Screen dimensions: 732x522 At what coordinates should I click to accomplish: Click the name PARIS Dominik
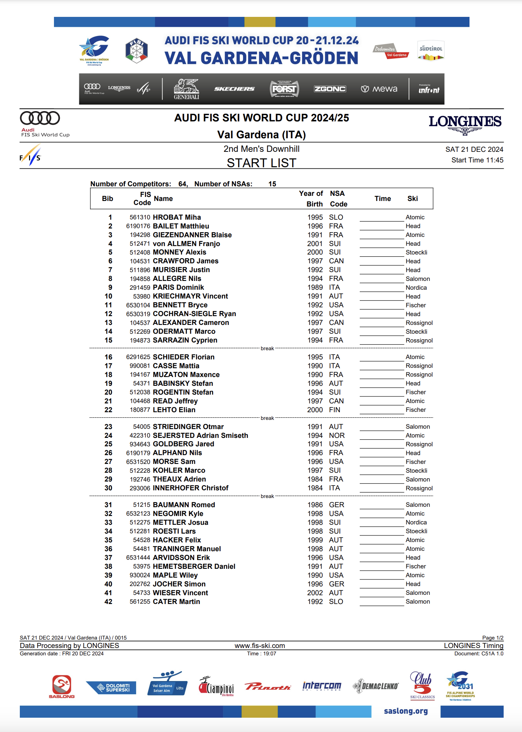[178, 288]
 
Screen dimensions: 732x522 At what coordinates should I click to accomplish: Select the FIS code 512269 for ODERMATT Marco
[140, 332]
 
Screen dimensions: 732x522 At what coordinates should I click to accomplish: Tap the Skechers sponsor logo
[234, 89]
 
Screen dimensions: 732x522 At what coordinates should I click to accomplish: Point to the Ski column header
[413, 198]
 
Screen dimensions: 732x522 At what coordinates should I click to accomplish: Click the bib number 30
[108, 488]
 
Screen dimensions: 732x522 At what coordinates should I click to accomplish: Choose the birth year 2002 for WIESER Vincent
[315, 593]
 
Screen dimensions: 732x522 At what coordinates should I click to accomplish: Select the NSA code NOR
[337, 435]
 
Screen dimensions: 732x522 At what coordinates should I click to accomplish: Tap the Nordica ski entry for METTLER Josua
[416, 523]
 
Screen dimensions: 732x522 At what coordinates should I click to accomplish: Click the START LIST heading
[261, 163]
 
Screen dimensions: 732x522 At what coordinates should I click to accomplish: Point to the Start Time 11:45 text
[477, 160]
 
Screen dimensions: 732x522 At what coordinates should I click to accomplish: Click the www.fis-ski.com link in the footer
[260, 646]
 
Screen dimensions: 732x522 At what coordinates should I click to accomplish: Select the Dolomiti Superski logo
[111, 688]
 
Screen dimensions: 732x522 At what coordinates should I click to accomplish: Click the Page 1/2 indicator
[493, 638]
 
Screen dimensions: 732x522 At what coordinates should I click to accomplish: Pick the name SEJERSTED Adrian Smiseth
[200, 435]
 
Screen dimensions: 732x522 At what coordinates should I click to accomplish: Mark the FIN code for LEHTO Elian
[334, 410]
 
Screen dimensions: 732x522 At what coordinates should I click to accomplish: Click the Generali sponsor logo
[186, 89]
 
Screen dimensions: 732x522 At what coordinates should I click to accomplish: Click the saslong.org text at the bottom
[406, 711]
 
